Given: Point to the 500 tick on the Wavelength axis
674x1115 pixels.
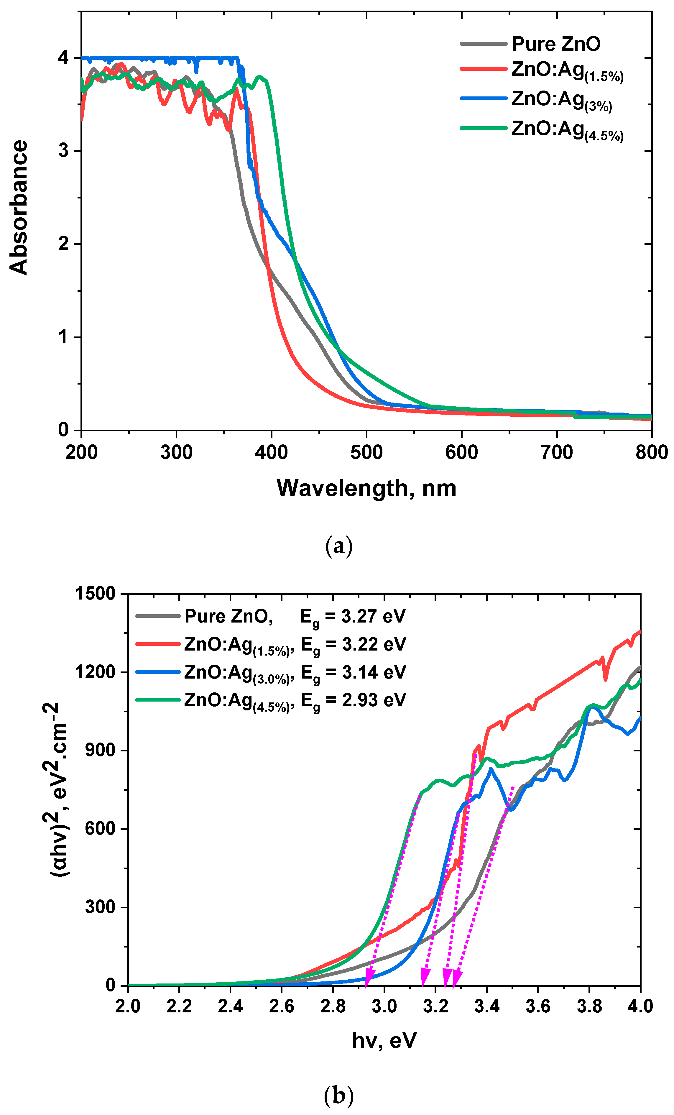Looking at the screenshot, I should point(366,452).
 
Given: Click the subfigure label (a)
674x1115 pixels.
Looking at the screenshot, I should point(338,546).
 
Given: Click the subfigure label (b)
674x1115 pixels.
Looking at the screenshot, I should point(338,1096).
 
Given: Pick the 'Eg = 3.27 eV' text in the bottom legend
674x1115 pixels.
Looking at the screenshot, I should point(353,617).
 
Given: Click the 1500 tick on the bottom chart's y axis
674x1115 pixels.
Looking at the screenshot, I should point(95,593).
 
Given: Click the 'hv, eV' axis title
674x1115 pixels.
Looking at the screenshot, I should point(384,1040).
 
